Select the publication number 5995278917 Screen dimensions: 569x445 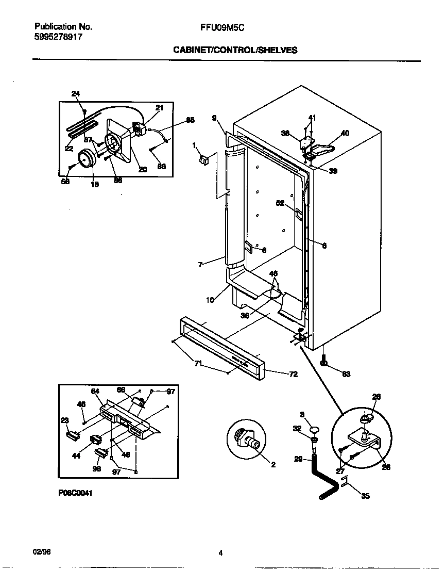(x=57, y=37)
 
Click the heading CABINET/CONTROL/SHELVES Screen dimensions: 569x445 (x=235, y=50)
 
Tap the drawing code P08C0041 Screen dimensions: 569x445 (x=75, y=493)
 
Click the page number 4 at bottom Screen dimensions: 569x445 (x=220, y=554)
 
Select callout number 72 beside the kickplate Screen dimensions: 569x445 (x=293, y=374)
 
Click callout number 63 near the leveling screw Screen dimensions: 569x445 (x=346, y=374)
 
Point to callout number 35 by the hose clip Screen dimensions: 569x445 (x=365, y=496)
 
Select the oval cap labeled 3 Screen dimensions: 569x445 (x=315, y=429)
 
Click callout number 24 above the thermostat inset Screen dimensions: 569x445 (x=76, y=93)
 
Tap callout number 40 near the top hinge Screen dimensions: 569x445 (x=345, y=133)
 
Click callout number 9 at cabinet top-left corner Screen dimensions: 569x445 (x=214, y=118)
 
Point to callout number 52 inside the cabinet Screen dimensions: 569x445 (x=280, y=203)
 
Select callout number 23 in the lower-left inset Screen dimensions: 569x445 (x=64, y=420)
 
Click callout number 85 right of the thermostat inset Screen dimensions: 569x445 (x=190, y=120)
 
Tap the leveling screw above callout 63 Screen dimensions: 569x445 (x=324, y=359)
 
